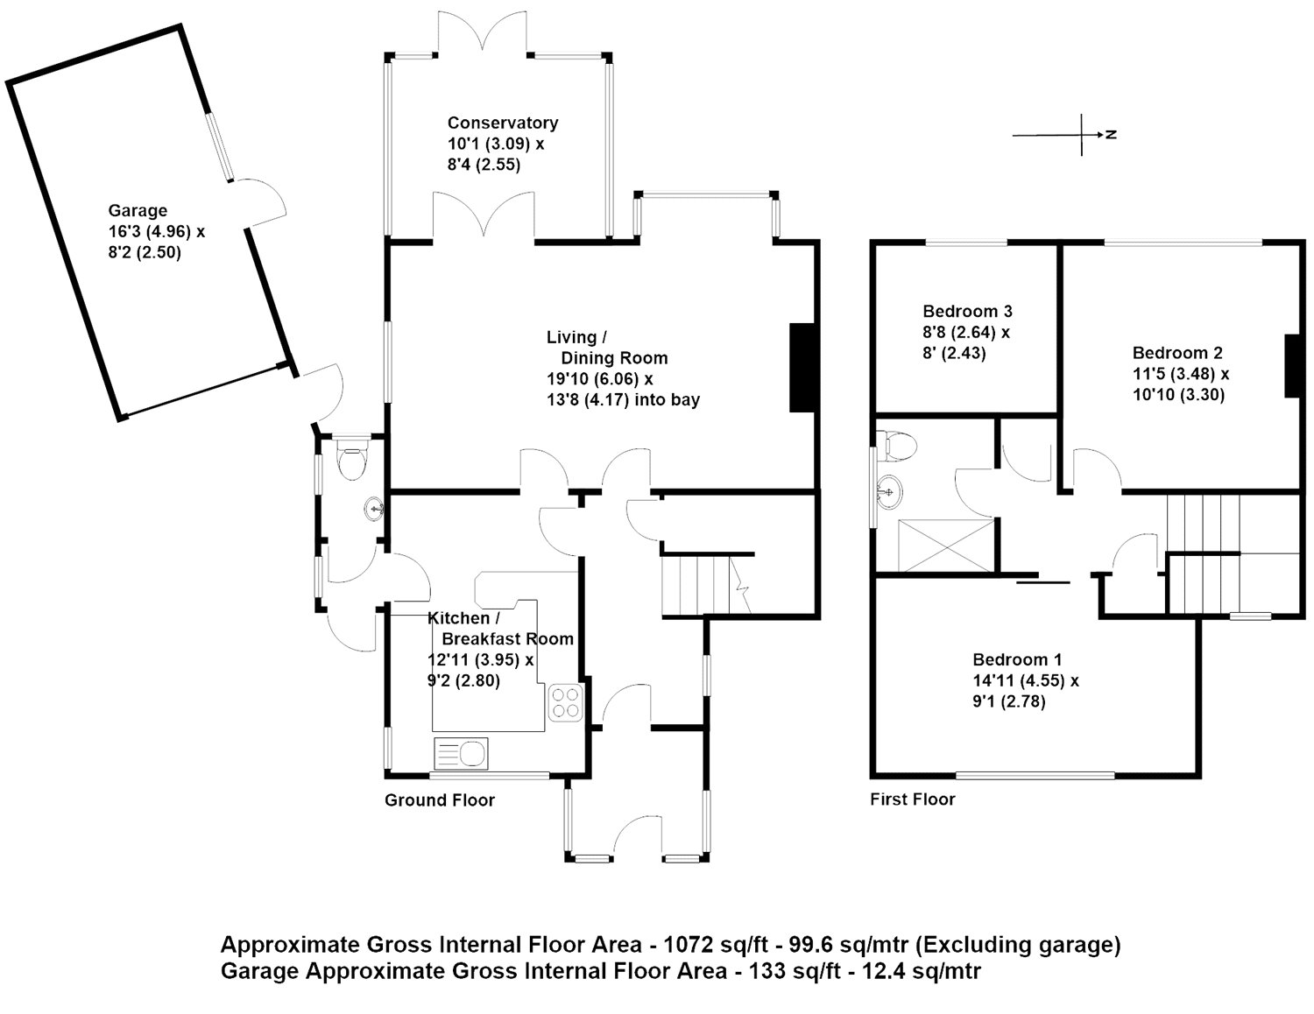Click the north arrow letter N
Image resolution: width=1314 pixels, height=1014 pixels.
click(x=1110, y=135)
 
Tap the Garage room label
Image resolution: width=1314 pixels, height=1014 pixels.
click(x=138, y=211)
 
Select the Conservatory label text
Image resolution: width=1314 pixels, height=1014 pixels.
click(x=502, y=123)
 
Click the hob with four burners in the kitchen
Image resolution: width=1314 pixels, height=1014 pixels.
click(x=565, y=702)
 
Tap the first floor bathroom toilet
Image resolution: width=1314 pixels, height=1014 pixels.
click(x=900, y=446)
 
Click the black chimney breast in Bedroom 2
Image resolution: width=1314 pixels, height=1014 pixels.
click(x=1291, y=366)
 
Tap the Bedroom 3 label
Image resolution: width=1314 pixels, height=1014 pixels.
click(x=967, y=311)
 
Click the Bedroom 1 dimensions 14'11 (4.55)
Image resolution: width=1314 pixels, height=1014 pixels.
click(x=1026, y=680)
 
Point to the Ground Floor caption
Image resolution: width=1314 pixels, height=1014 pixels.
click(x=440, y=800)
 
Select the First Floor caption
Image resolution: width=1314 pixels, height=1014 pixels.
click(x=912, y=799)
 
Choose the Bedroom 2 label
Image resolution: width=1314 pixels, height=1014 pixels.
click(x=1177, y=353)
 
